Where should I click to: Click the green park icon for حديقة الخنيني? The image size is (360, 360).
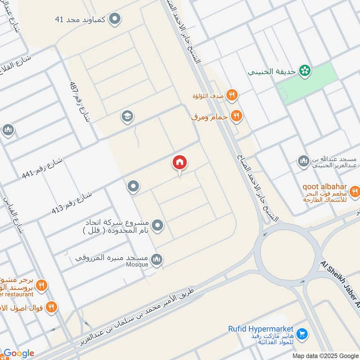(306, 70)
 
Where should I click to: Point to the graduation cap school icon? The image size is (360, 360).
(127, 117)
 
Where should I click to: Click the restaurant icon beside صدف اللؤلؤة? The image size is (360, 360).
(232, 95)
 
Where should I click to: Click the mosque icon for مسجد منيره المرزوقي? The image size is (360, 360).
(157, 259)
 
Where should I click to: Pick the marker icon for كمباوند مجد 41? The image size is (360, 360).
(116, 19)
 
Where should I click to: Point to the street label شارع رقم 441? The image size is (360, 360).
(43, 166)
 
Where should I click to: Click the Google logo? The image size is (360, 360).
(18, 353)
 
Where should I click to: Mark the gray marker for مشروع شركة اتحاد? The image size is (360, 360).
(157, 225)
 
